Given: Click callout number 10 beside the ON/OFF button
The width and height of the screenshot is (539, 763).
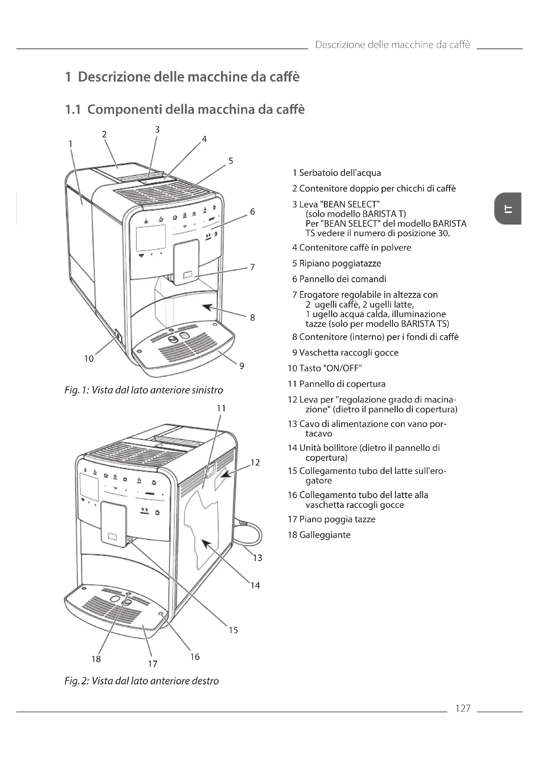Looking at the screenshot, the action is [89, 359].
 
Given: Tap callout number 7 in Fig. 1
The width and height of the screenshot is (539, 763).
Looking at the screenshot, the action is [253, 267].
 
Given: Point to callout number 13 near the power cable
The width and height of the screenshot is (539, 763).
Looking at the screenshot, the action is [257, 558].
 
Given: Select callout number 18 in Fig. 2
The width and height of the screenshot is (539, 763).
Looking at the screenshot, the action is [96, 659].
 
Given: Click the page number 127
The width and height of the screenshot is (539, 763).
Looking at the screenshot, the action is [463, 708].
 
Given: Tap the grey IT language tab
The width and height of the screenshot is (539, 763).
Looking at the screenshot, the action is [507, 209].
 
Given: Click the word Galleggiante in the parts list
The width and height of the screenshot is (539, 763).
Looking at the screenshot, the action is [325, 535].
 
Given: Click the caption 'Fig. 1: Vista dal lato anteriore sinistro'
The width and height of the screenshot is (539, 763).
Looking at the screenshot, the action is [144, 390].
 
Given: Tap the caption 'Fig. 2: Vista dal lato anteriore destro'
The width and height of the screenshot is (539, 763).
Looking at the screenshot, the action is [142, 681].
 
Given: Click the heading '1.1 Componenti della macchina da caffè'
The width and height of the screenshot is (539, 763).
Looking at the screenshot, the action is [184, 109].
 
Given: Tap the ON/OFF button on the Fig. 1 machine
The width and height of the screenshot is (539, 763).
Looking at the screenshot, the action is [117, 336].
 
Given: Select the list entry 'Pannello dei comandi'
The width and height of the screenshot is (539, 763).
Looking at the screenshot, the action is [342, 279].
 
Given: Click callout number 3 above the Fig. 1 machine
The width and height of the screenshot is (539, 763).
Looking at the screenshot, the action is [157, 130].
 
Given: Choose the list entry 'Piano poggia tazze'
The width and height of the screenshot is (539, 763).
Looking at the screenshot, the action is [337, 519].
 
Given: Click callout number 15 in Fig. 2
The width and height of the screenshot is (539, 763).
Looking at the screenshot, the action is [233, 630].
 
